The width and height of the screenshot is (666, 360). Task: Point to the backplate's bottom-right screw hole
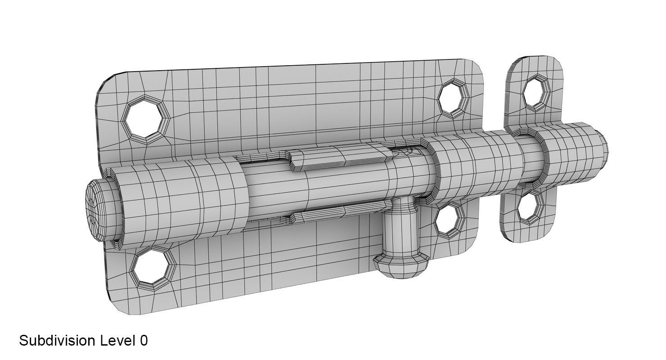coord(450,220)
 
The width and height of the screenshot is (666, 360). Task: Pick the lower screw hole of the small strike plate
coord(529,208)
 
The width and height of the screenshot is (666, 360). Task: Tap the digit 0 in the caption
coord(144,341)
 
